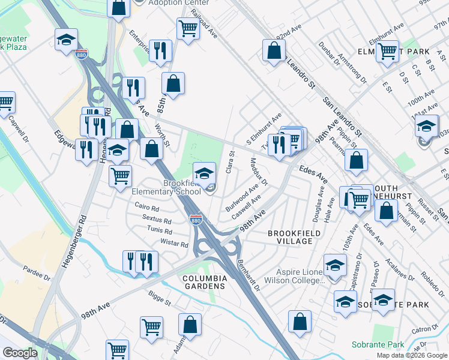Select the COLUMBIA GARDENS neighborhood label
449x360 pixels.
click(x=205, y=282)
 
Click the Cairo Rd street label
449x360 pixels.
click(x=146, y=208)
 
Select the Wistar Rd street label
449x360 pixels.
click(x=175, y=244)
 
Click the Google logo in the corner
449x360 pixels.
click(x=20, y=353)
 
